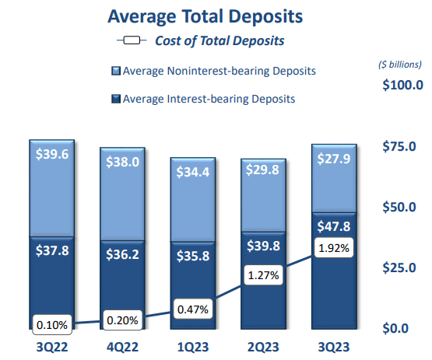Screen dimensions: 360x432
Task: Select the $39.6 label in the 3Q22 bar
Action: pos(52,155)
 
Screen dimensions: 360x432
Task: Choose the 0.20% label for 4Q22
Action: pos(122,320)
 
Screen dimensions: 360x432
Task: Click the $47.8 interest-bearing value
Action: pos(334,227)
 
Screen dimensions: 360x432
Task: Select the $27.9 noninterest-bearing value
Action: pos(334,159)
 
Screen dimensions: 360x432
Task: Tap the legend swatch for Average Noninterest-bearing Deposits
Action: pos(115,72)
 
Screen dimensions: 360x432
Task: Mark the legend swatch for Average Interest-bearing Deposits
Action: pos(115,99)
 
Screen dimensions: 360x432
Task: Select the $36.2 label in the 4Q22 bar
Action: pos(123,253)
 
